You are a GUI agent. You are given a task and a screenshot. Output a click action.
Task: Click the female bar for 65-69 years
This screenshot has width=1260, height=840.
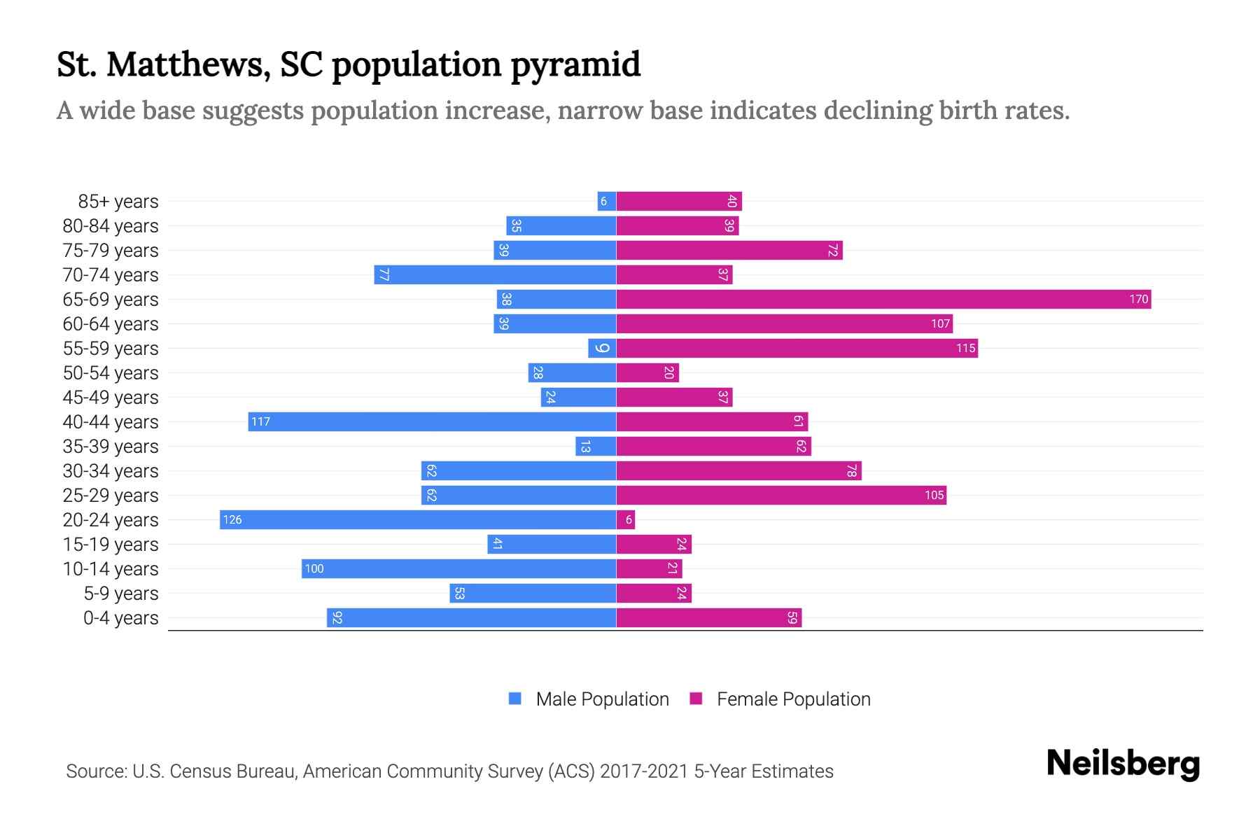[883, 300]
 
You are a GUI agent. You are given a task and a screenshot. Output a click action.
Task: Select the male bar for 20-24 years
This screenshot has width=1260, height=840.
[418, 520]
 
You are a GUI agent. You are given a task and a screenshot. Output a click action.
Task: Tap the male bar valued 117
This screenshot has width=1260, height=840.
[432, 422]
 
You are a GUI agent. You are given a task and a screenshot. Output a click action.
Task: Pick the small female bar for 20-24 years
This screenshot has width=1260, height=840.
[626, 520]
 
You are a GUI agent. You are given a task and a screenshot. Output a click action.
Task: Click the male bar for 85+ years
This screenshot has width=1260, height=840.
[607, 202]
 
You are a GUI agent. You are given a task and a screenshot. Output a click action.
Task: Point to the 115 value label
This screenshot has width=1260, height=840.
[965, 349]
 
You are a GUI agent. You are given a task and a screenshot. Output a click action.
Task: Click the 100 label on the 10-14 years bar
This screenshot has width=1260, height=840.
[314, 569]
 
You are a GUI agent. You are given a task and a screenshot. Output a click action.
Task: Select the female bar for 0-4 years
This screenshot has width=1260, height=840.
[708, 618]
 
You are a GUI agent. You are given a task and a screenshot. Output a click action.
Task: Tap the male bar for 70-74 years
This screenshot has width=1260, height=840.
[495, 275]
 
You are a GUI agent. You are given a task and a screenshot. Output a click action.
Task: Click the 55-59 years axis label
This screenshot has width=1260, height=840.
[111, 349]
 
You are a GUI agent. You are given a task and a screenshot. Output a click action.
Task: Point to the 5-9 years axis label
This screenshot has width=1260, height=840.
[120, 594]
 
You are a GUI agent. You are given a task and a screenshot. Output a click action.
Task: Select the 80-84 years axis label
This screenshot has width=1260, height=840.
[111, 226]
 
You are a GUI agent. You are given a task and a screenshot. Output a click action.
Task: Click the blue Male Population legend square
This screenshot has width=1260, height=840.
[515, 699]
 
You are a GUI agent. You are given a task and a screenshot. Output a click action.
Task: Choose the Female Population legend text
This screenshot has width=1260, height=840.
[793, 699]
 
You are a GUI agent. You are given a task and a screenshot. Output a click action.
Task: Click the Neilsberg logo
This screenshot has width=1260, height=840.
[1123, 763]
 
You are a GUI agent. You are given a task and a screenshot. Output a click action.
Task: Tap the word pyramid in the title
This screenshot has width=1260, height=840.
[575, 64]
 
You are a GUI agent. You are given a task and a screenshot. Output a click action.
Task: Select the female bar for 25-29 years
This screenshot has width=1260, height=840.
[781, 496]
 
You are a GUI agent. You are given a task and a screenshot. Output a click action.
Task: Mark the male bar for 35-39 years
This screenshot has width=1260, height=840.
[596, 447]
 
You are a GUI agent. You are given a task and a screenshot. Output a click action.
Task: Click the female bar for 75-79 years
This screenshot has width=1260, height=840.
[729, 251]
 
